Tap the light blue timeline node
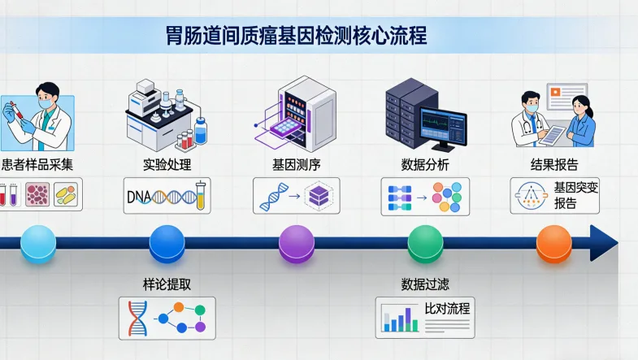(37, 242)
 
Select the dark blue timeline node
(167, 242)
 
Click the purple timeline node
(296, 242)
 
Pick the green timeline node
(425, 242)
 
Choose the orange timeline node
(553, 242)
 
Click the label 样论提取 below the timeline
(167, 285)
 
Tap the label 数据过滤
(425, 285)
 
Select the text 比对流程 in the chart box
(448, 309)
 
